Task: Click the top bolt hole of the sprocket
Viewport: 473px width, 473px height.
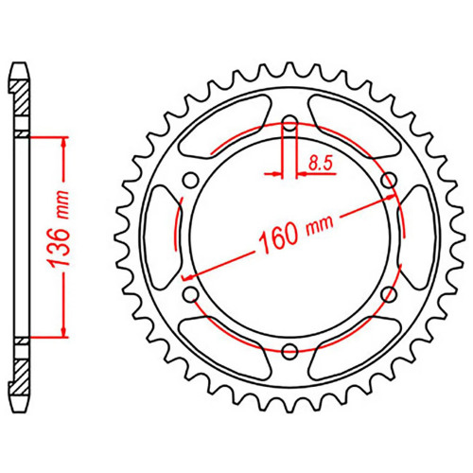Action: coord(289,124)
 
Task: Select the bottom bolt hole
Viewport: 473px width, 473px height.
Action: coord(289,351)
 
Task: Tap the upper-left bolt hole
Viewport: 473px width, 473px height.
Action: coord(191,180)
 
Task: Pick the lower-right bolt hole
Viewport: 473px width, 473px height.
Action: coord(389,294)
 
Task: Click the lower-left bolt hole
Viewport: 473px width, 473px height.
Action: coord(191,294)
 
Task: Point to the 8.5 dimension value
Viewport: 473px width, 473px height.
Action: coord(321,164)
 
